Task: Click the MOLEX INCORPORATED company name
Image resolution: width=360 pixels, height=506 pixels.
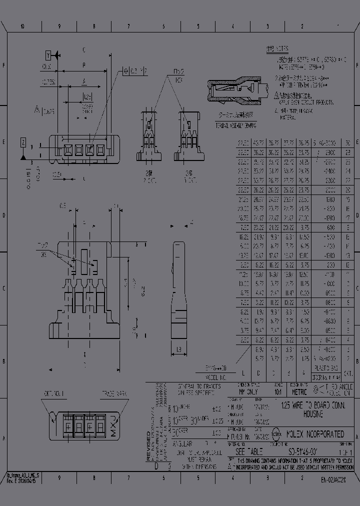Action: coord(314,434)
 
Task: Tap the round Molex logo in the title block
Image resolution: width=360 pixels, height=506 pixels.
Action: coord(276,434)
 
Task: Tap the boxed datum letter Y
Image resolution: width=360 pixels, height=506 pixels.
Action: coord(48,54)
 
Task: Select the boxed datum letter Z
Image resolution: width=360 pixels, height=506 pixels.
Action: coord(23,143)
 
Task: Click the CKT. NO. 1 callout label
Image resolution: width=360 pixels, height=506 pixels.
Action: coord(54,393)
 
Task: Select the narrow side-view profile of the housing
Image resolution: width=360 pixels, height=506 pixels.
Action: coord(179,290)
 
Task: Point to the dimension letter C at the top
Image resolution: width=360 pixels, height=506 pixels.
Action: coord(83,49)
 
